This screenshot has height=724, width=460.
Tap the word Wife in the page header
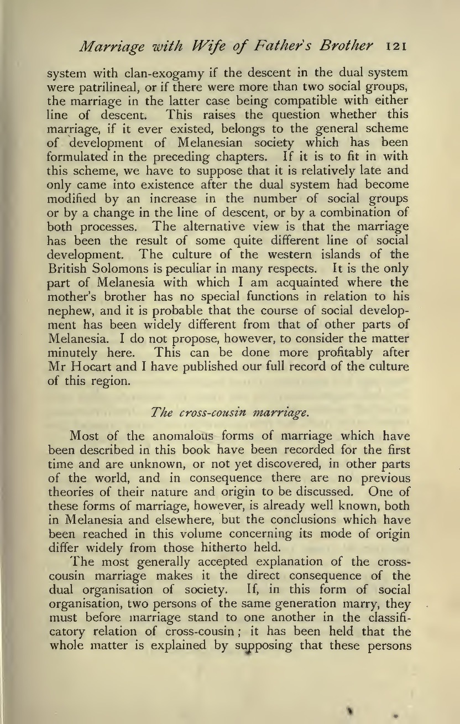tap(252, 46)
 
